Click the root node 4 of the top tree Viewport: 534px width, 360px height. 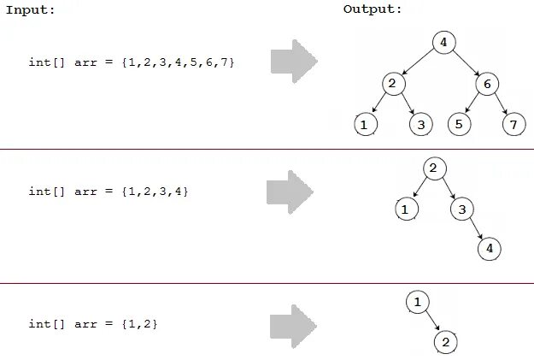(443, 42)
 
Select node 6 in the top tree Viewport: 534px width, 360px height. (486, 84)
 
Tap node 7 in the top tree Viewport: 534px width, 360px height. (512, 125)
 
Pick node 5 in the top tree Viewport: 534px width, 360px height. (460, 125)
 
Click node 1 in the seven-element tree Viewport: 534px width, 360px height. (366, 125)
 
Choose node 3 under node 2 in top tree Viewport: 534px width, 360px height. (420, 125)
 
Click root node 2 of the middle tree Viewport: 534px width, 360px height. (434, 168)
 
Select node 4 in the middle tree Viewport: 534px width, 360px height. (489, 249)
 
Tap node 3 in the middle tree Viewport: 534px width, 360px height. (461, 209)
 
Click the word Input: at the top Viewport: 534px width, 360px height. (31, 10)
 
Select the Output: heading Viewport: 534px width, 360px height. (373, 10)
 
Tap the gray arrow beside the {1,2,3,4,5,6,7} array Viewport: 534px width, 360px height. (293, 61)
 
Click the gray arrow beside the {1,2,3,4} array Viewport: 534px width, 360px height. (289, 192)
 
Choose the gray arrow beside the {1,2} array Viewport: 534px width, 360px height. (293, 325)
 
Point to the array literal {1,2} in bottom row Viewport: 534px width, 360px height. (140, 324)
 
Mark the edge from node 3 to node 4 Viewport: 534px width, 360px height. (475, 229)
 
